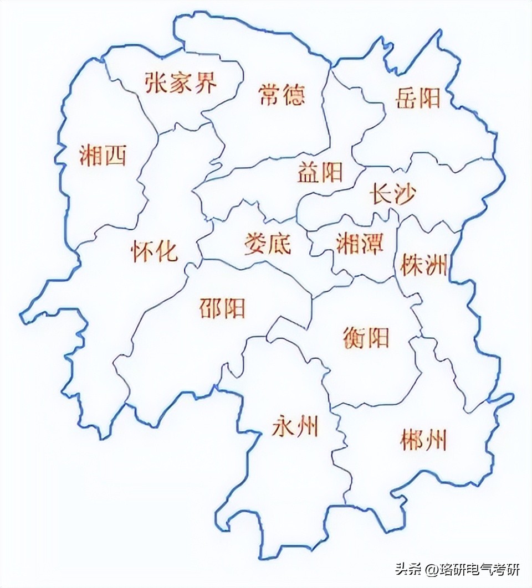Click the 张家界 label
[x=181, y=83]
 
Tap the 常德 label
[x=282, y=96]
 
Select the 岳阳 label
[x=418, y=98]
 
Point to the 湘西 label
[x=103, y=156]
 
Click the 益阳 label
[x=320, y=173]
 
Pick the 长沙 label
[x=392, y=195]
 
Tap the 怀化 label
[x=155, y=251]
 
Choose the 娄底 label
[x=268, y=243]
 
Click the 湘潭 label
[x=360, y=243]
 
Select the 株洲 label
[x=423, y=266]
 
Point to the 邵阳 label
[x=222, y=308]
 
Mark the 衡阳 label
[x=366, y=337]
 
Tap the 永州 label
[x=295, y=426]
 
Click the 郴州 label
[x=423, y=441]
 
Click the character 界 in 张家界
[x=205, y=83]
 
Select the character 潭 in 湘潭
[x=371, y=243]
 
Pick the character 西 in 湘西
[x=115, y=156]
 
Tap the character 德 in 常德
[x=294, y=96]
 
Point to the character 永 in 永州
[x=284, y=426]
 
